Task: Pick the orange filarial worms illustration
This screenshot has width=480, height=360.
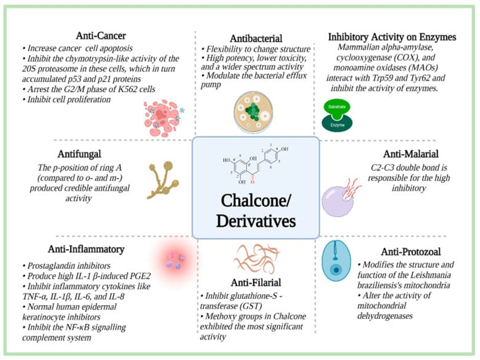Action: [255, 258]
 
